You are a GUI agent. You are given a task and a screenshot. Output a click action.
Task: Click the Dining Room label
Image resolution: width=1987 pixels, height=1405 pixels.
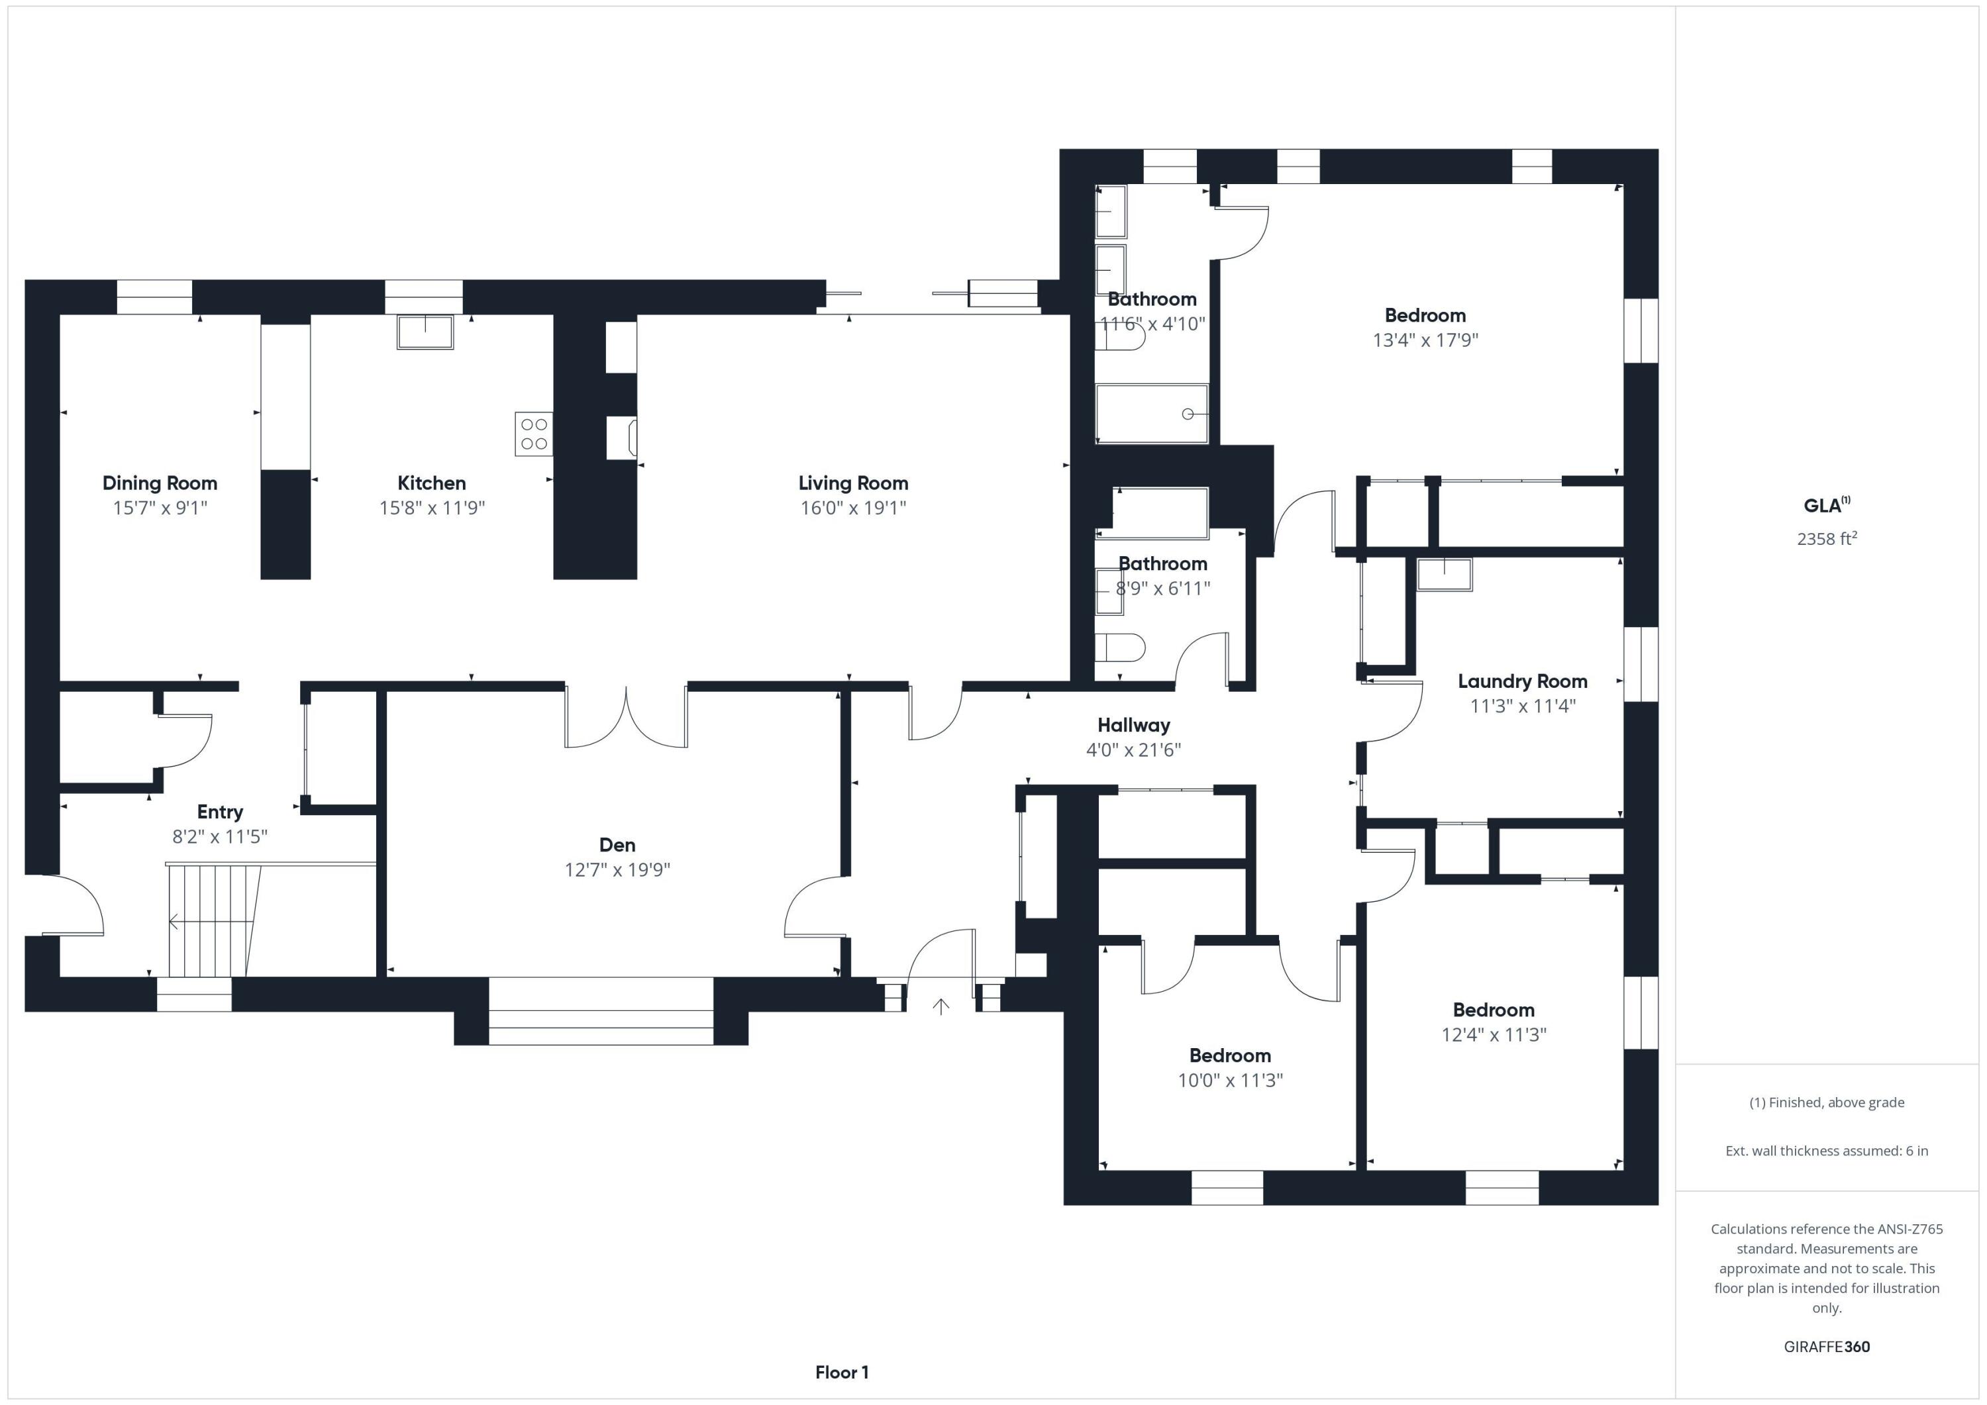pyautogui.click(x=160, y=483)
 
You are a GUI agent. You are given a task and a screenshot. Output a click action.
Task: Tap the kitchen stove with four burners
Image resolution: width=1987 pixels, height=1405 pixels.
pyautogui.click(x=533, y=434)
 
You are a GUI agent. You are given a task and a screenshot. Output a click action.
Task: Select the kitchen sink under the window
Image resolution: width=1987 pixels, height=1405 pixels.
pyautogui.click(x=425, y=331)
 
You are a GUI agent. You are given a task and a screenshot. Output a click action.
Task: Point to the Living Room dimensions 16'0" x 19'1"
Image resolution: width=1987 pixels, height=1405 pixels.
pyautogui.click(x=852, y=508)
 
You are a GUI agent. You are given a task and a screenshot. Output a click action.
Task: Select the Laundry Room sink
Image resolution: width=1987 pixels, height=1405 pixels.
pyautogui.click(x=1443, y=575)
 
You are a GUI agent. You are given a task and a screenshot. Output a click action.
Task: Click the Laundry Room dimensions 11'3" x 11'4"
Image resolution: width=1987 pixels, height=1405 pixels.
pyautogui.click(x=1522, y=706)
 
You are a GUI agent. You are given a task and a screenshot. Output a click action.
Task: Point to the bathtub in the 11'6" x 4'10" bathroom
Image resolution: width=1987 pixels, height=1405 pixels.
pyautogui.click(x=1151, y=414)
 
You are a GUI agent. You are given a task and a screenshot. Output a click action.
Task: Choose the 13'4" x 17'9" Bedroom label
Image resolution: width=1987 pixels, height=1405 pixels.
pyautogui.click(x=1425, y=316)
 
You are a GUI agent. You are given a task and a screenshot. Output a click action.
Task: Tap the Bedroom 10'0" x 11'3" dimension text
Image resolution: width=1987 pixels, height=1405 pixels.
pyautogui.click(x=1230, y=1080)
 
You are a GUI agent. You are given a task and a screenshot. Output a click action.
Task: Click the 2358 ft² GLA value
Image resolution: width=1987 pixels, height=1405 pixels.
pyautogui.click(x=1826, y=539)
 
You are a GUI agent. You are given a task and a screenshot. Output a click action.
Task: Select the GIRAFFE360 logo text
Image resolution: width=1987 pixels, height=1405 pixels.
pyautogui.click(x=1826, y=1346)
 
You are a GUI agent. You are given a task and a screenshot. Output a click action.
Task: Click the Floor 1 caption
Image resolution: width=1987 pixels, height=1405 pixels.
pyautogui.click(x=841, y=1372)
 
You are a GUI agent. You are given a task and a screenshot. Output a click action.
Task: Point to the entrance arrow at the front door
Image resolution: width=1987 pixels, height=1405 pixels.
pyautogui.click(x=941, y=1006)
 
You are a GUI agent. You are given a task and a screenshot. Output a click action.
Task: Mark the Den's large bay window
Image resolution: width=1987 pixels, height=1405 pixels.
pyautogui.click(x=601, y=1010)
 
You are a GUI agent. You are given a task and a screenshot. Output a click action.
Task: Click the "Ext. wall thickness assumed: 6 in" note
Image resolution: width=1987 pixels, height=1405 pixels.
pyautogui.click(x=1826, y=1151)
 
